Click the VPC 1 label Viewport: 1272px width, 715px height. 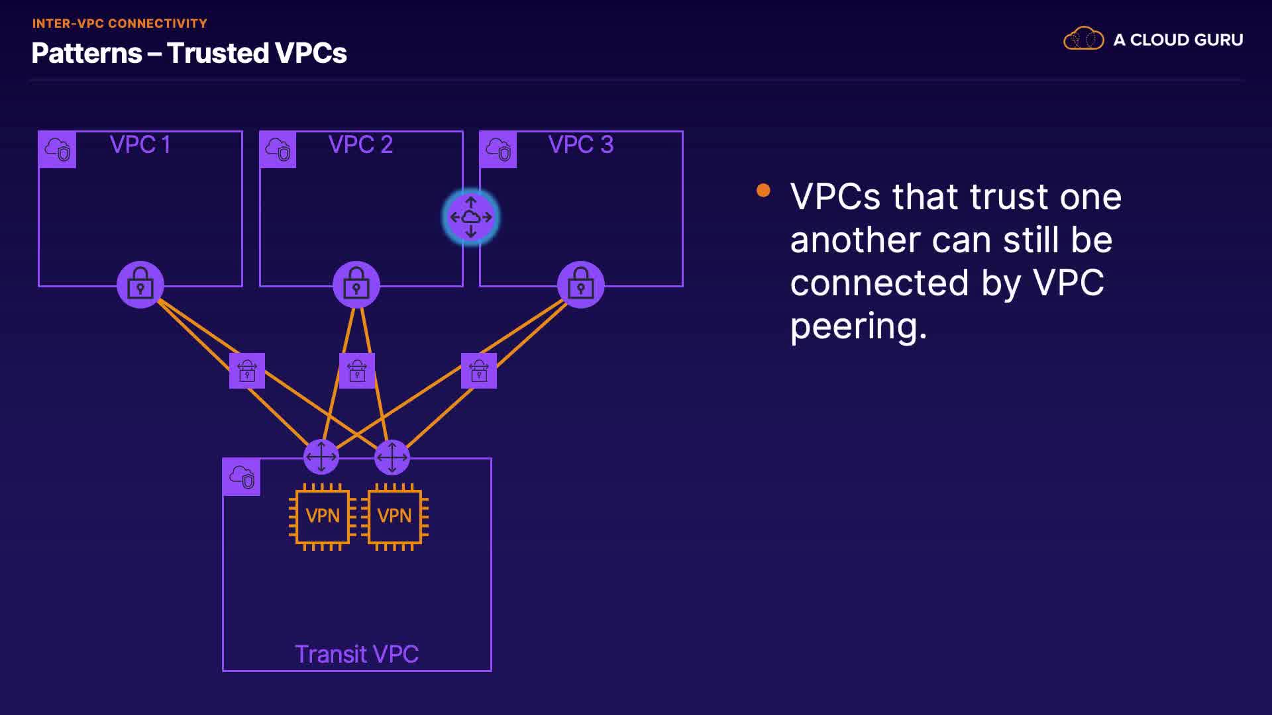(x=140, y=144)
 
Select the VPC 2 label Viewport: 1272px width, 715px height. (x=360, y=144)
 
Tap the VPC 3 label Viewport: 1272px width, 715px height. (x=581, y=144)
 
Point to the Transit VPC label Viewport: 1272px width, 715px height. (x=356, y=654)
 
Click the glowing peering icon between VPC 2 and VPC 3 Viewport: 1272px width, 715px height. (x=471, y=217)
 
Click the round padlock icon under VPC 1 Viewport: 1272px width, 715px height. (x=140, y=285)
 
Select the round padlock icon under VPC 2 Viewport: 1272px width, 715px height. (x=356, y=285)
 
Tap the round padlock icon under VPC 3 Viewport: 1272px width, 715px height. (x=581, y=285)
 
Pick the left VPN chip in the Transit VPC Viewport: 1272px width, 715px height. (x=323, y=516)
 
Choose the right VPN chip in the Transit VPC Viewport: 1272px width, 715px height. (x=394, y=516)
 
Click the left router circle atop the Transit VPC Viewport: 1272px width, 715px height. (x=321, y=457)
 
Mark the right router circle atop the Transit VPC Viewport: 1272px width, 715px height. (x=392, y=457)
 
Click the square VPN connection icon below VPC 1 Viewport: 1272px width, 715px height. (x=247, y=371)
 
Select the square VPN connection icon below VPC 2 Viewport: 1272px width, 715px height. (x=357, y=371)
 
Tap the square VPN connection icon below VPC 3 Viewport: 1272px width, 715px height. (x=479, y=371)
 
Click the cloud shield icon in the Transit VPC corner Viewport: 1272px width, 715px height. (x=242, y=477)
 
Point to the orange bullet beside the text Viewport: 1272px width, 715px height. (x=763, y=191)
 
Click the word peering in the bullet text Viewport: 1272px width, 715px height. (x=858, y=326)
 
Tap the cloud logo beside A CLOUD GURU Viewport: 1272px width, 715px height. (x=1083, y=39)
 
